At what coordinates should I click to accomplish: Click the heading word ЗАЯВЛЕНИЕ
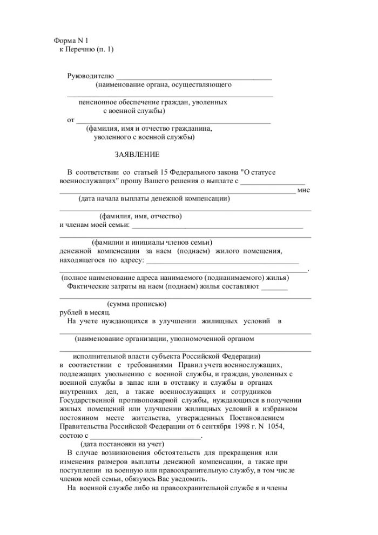point(137,155)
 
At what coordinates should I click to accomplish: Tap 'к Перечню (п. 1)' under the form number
point(86,50)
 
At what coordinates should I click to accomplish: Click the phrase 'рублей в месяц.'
point(85,312)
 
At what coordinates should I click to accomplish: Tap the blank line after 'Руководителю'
point(194,78)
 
